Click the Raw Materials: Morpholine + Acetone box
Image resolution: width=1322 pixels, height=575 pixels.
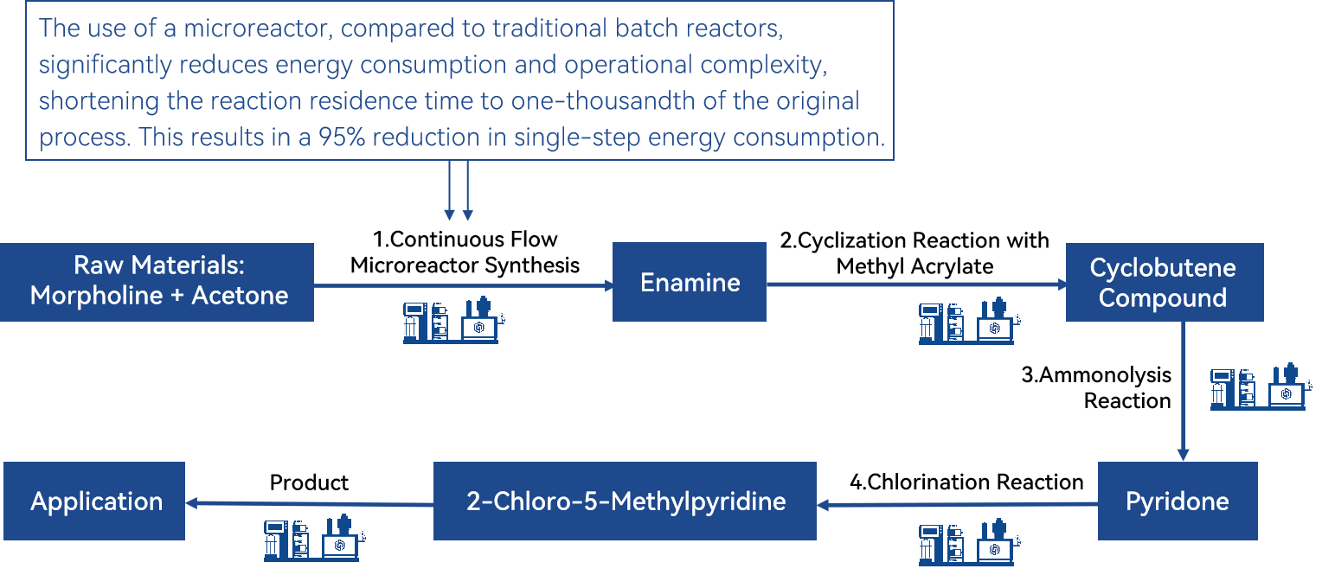pyautogui.click(x=157, y=282)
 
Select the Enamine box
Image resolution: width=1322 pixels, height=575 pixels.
pyautogui.click(x=690, y=282)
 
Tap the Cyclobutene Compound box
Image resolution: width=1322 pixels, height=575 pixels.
pyautogui.click(x=1165, y=283)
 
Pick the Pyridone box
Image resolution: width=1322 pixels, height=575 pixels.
pyautogui.click(x=1178, y=501)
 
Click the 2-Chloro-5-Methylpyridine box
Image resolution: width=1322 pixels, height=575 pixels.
pyautogui.click(x=625, y=501)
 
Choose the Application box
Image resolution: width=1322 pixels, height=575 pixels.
pyautogui.click(x=94, y=501)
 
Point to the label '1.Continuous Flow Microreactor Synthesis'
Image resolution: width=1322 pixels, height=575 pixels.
pyautogui.click(x=465, y=252)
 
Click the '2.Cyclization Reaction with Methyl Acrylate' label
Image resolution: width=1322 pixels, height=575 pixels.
pyautogui.click(x=914, y=253)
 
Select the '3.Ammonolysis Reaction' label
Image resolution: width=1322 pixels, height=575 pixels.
pyautogui.click(x=1096, y=387)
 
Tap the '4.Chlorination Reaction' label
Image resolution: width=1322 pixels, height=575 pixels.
pyautogui.click(x=966, y=482)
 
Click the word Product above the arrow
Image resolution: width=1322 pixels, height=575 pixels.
pyautogui.click(x=309, y=482)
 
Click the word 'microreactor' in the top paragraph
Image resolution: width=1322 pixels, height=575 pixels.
pyautogui.click(x=259, y=29)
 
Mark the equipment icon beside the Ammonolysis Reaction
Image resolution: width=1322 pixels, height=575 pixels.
pyautogui.click(x=1261, y=387)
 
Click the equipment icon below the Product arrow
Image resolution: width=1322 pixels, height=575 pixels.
pyautogui.click(x=315, y=538)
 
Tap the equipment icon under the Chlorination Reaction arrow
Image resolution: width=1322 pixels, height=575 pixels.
pyautogui.click(x=970, y=542)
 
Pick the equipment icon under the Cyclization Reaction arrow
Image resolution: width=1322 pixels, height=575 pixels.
pyautogui.click(x=970, y=321)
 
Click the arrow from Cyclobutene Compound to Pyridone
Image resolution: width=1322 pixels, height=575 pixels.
pyautogui.click(x=1183, y=391)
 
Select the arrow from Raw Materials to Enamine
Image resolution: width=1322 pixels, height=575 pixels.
pyautogui.click(x=464, y=286)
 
